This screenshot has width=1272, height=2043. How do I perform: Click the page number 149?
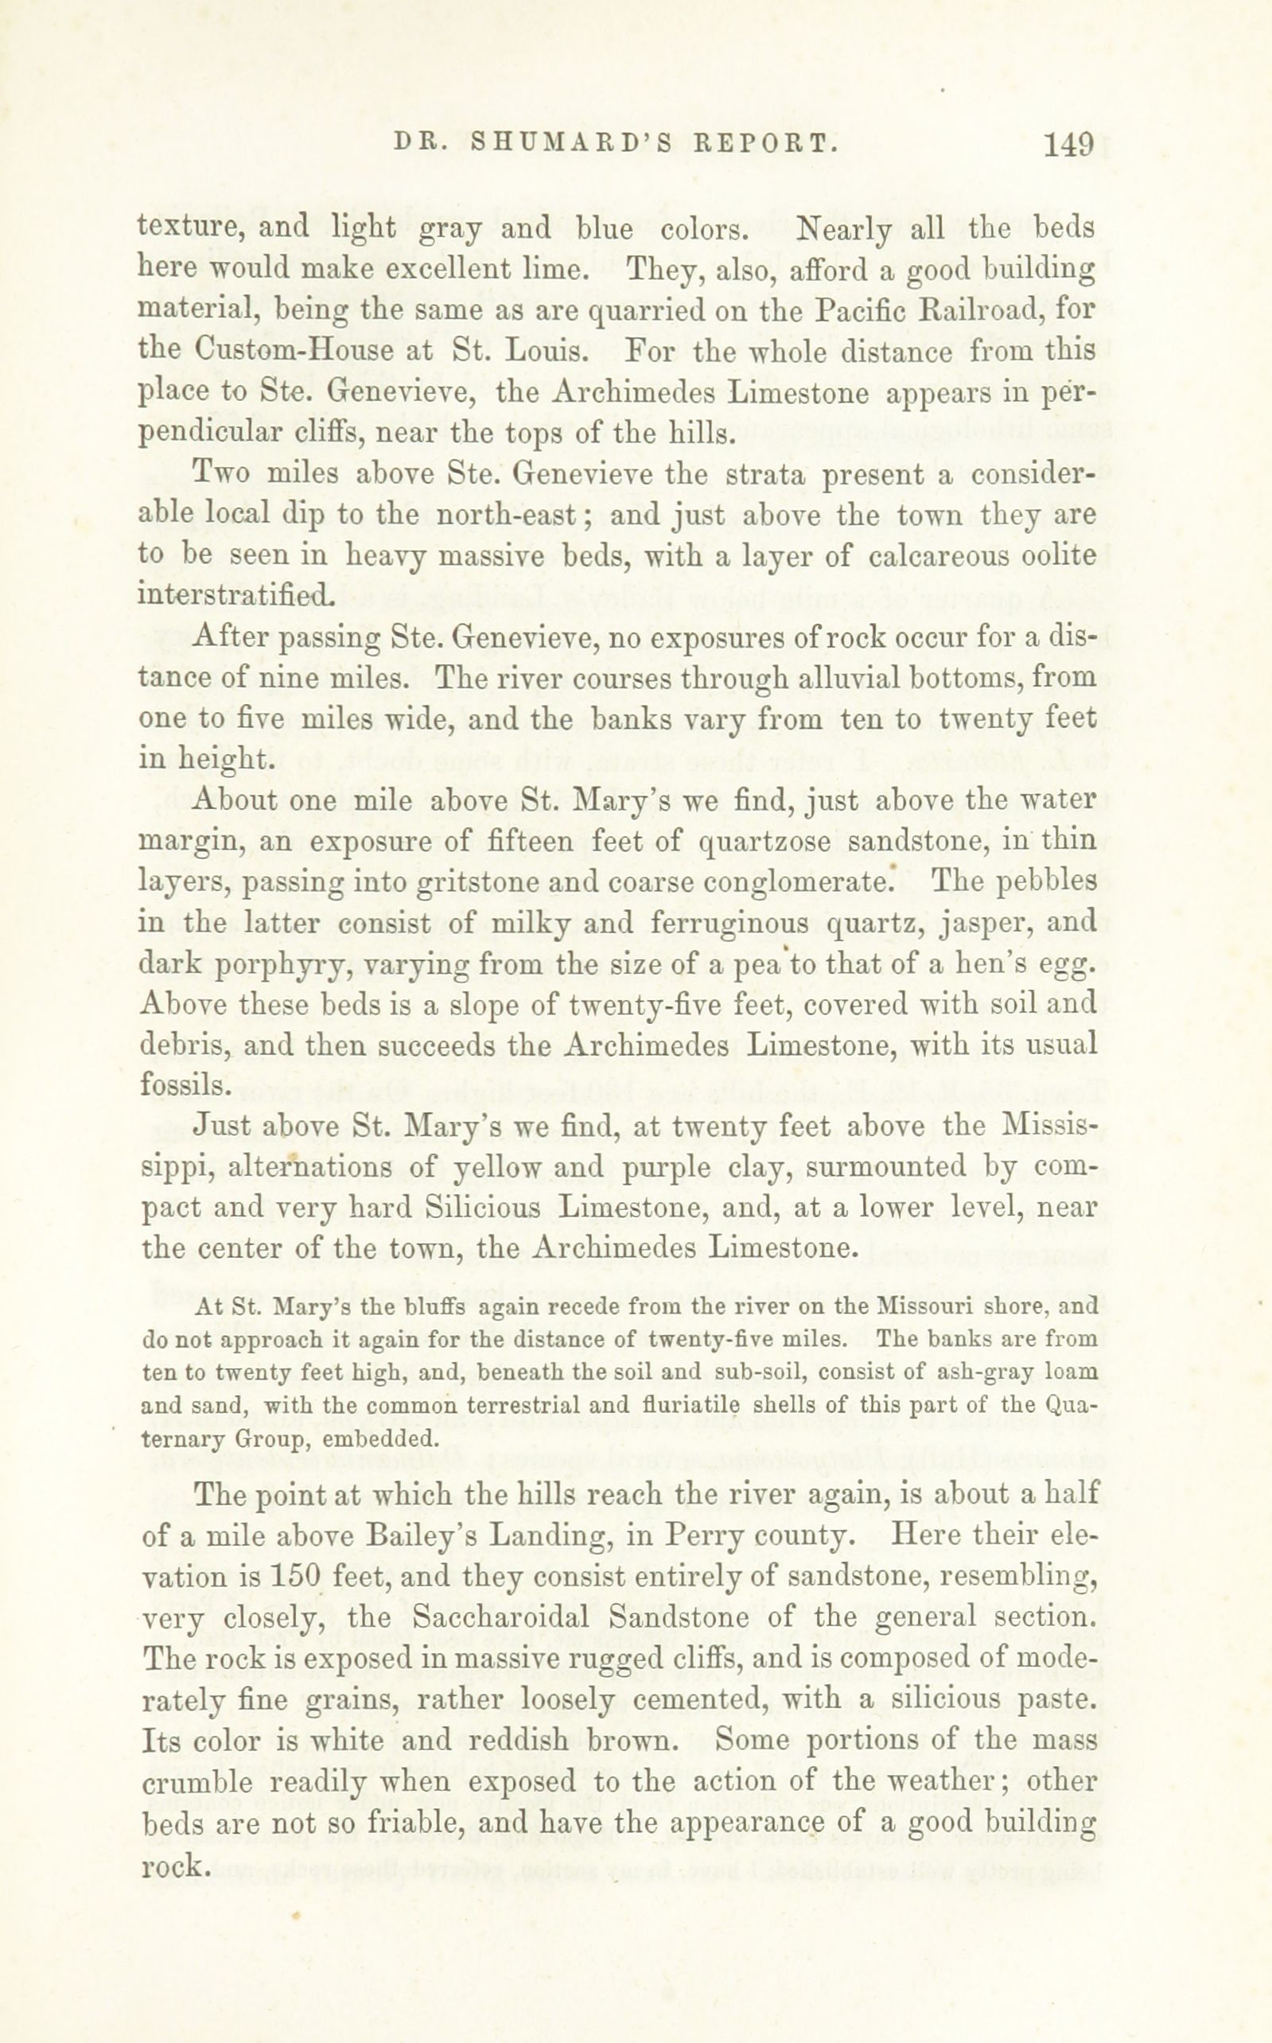pos(1068,145)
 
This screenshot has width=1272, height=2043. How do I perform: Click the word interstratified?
pos(235,596)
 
